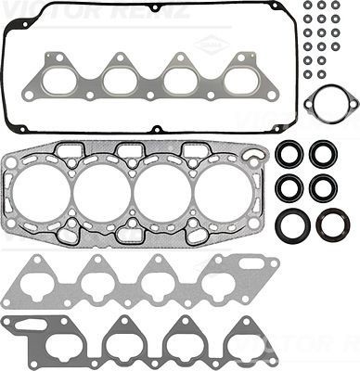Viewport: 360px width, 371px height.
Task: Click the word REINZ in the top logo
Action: pyautogui.click(x=158, y=11)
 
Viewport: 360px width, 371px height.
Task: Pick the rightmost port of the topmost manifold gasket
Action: pyautogui.click(x=238, y=78)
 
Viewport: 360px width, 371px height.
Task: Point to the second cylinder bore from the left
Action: pyautogui.click(x=102, y=197)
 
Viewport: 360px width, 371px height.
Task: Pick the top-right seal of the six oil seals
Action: pyautogui.click(x=322, y=154)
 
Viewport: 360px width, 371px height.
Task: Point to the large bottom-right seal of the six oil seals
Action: pyautogui.click(x=331, y=224)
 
